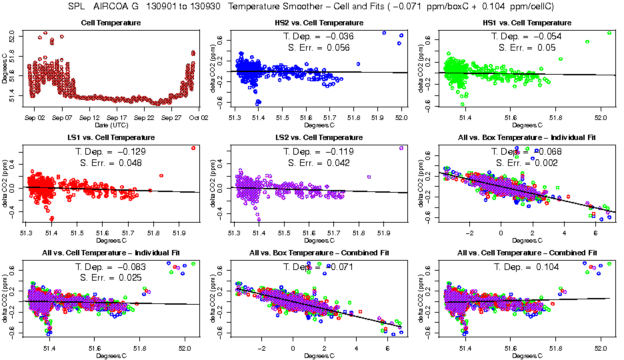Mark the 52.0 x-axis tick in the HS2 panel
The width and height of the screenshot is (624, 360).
click(401, 118)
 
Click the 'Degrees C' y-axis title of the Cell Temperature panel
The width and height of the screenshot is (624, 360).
click(5, 69)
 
